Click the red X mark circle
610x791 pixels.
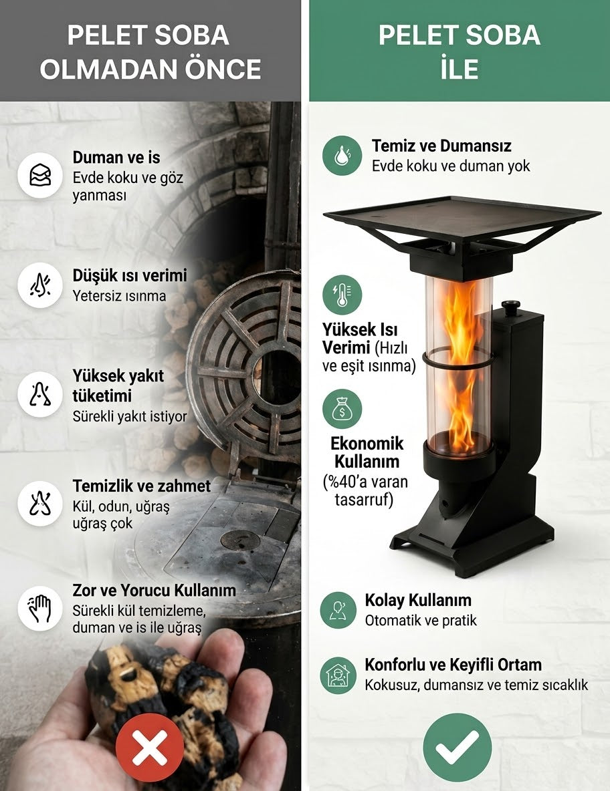click(149, 748)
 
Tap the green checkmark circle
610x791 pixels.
click(457, 747)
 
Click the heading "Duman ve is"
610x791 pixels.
click(116, 158)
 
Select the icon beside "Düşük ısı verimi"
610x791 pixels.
click(40, 285)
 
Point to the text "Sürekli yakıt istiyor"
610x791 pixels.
click(130, 417)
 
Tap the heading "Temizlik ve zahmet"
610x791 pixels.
click(141, 486)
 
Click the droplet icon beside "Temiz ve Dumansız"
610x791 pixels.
click(342, 156)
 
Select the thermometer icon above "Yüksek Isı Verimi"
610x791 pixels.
click(342, 295)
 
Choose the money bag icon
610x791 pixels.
click(342, 409)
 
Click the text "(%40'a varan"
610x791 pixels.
click(365, 482)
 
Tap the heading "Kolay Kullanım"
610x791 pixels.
click(418, 600)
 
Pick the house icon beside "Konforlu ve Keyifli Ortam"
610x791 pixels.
click(338, 675)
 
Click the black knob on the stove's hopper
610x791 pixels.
click(510, 307)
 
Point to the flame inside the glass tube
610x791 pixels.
click(459, 363)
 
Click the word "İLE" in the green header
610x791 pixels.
click(459, 68)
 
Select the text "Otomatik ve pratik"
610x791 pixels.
click(421, 620)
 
